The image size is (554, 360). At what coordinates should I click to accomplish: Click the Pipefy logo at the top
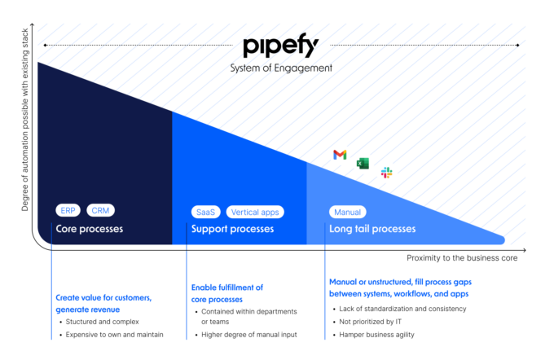(280, 46)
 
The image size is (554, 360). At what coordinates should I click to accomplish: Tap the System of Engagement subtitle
(280, 68)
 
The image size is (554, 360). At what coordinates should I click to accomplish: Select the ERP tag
(68, 211)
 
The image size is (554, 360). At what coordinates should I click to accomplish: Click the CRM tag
(100, 211)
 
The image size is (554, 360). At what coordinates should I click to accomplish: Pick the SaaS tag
(205, 212)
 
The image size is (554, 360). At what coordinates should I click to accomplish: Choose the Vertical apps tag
(255, 212)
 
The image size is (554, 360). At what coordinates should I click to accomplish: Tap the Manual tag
(348, 212)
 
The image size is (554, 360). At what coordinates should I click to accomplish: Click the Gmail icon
(340, 155)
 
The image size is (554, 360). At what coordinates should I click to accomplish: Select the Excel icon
(363, 163)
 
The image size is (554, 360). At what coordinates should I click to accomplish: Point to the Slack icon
(386, 173)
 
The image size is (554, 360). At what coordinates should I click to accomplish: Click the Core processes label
(90, 229)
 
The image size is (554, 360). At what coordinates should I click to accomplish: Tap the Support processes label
(232, 229)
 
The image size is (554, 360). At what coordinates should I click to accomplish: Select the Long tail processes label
(372, 229)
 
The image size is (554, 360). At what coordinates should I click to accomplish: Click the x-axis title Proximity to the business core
(463, 258)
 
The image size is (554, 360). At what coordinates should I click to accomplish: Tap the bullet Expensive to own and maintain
(115, 335)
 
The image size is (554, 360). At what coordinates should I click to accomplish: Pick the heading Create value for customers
(103, 298)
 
